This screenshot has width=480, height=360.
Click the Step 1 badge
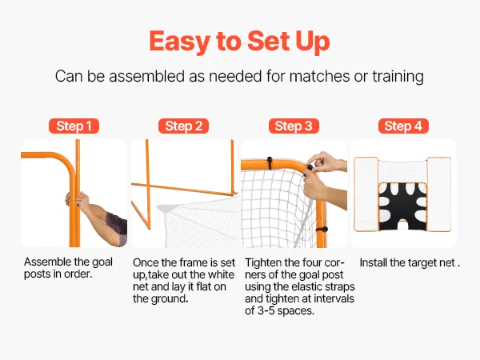tap(74, 126)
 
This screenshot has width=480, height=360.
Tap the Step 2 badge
tap(183, 126)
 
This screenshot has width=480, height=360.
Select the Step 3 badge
tap(294, 126)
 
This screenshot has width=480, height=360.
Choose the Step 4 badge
tap(403, 126)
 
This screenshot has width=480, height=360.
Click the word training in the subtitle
tap(398, 77)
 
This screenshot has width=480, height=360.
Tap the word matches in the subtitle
tap(319, 76)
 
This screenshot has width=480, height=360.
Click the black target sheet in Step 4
tap(402, 206)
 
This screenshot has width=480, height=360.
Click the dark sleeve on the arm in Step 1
tap(118, 227)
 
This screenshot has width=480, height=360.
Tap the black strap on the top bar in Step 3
tap(270, 163)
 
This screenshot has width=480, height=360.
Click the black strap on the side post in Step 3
tap(322, 230)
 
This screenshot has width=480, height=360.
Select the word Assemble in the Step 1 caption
tap(47, 262)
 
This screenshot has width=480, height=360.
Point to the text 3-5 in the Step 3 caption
tap(266, 310)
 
